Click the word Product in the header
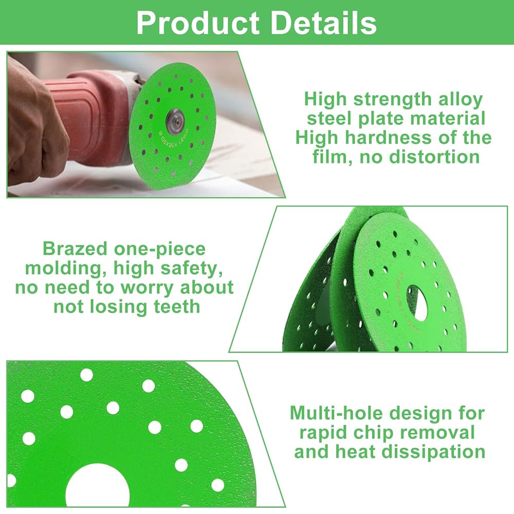click(198, 23)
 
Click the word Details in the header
click(324, 23)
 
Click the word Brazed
click(75, 249)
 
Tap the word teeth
click(177, 307)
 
